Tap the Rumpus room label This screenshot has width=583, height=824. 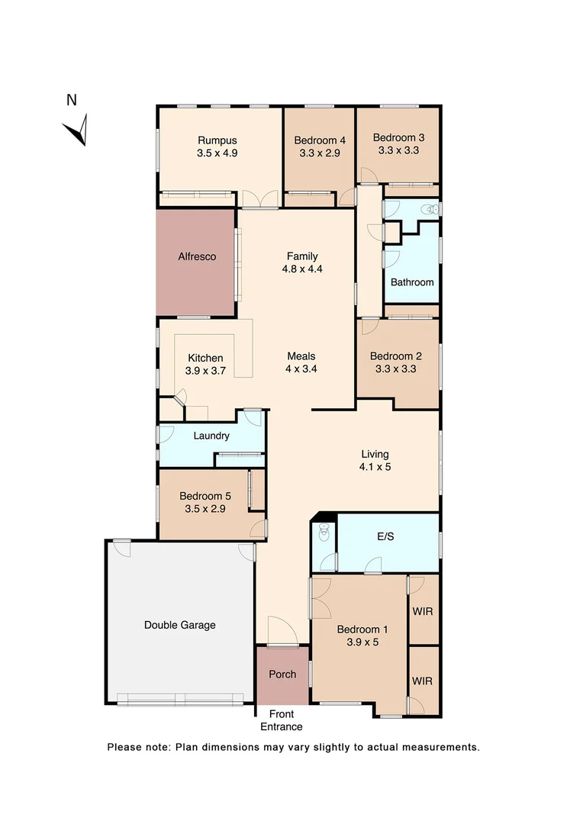point(217,140)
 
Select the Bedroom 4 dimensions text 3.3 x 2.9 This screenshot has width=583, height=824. point(320,153)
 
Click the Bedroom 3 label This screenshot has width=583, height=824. point(398,137)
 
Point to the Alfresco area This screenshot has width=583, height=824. point(197,257)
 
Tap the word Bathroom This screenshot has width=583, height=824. point(412,282)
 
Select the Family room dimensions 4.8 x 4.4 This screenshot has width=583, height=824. point(302,269)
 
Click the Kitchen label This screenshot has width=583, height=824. point(205,358)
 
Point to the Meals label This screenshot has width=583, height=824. point(301,356)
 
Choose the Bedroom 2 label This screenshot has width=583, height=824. point(395,356)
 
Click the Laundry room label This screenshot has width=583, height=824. point(211,436)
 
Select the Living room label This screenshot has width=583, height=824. point(375,455)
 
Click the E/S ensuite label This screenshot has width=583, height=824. point(385,537)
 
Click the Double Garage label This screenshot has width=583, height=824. point(180,625)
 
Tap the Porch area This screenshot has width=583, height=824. point(282,674)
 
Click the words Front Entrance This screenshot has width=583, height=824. point(282,720)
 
